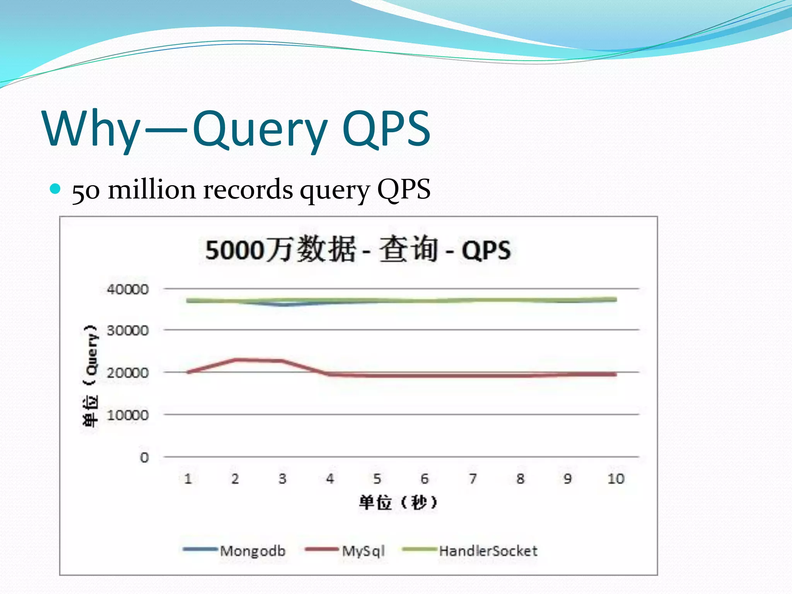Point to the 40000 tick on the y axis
(x=128, y=289)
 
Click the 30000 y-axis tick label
(x=128, y=331)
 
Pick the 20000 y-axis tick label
(x=128, y=373)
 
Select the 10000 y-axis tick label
(x=128, y=415)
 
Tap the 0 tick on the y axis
(x=144, y=457)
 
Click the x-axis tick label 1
(x=188, y=479)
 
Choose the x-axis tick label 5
(x=377, y=479)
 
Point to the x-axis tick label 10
(x=616, y=479)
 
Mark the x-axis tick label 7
(x=473, y=479)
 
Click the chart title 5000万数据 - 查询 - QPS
(x=358, y=249)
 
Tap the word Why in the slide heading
(x=91, y=128)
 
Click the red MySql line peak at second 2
(x=235, y=360)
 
